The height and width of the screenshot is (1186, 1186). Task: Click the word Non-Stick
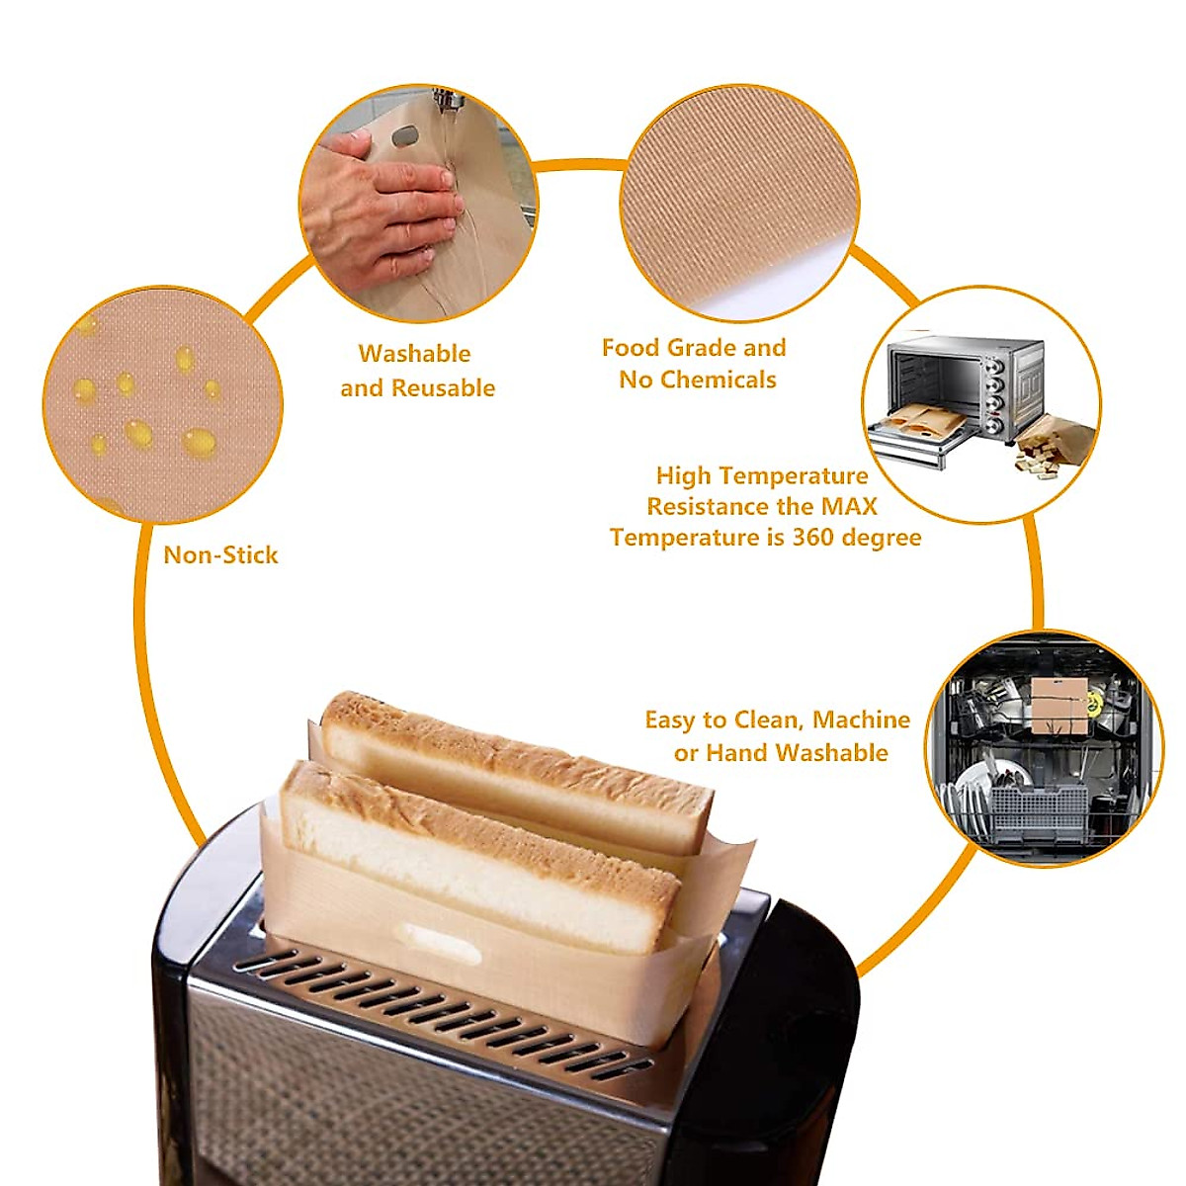220,554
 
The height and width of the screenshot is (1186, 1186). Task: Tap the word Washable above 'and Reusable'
414,353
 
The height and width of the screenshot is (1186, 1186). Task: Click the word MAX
849,506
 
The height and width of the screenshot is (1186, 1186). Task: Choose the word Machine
861,720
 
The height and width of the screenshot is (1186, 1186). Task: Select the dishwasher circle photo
1044,749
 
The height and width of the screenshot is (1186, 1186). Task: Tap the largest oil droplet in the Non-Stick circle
199,441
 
